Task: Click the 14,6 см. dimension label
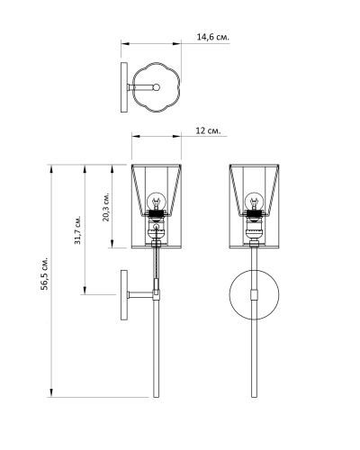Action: click(213, 37)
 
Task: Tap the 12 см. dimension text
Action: click(208, 130)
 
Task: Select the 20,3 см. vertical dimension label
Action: click(106, 206)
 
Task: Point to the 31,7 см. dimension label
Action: click(77, 229)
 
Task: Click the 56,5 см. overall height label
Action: click(45, 274)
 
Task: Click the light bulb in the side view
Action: click(156, 202)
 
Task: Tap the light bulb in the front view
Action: click(254, 202)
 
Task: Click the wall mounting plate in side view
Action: click(124, 295)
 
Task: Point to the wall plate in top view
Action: click(124, 87)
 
